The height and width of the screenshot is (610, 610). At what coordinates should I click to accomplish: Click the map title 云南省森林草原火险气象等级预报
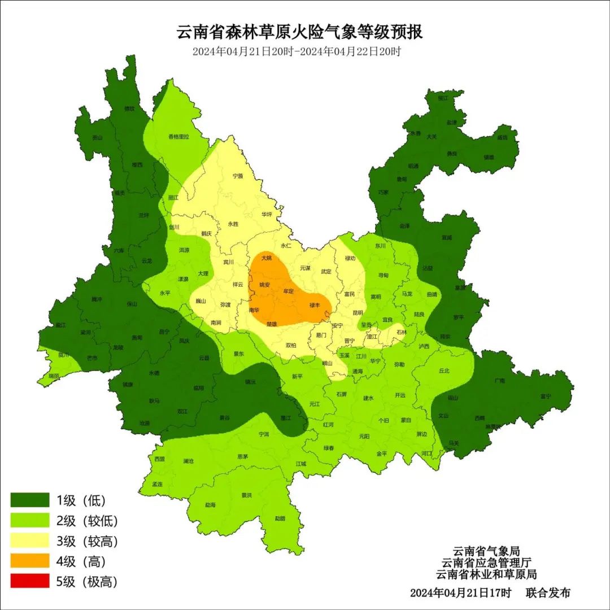click(299, 32)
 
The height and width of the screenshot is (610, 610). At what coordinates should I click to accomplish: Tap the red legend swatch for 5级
click(30, 581)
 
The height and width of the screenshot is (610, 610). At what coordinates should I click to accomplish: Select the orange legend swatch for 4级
click(30, 561)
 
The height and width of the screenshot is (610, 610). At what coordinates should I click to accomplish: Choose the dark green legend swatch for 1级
click(30, 500)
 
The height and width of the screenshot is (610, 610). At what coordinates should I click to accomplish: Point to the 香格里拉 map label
click(178, 137)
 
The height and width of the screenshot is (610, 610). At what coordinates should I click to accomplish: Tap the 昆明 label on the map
click(358, 312)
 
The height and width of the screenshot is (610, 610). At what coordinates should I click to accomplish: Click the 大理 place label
click(203, 273)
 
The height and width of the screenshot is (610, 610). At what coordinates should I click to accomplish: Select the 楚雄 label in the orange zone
click(272, 324)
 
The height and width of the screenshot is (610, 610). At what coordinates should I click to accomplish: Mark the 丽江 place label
click(173, 198)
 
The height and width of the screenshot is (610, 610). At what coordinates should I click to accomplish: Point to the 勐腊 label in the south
click(280, 518)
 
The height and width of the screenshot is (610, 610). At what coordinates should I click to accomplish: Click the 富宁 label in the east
click(545, 396)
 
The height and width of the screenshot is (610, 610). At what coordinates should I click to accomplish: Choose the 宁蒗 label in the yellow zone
click(238, 176)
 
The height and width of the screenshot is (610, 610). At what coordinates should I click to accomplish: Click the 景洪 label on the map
click(246, 495)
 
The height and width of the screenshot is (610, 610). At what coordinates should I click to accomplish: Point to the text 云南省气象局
click(486, 551)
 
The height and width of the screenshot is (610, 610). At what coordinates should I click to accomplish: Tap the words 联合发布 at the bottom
click(548, 593)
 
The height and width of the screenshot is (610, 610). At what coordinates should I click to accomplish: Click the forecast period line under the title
click(296, 51)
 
